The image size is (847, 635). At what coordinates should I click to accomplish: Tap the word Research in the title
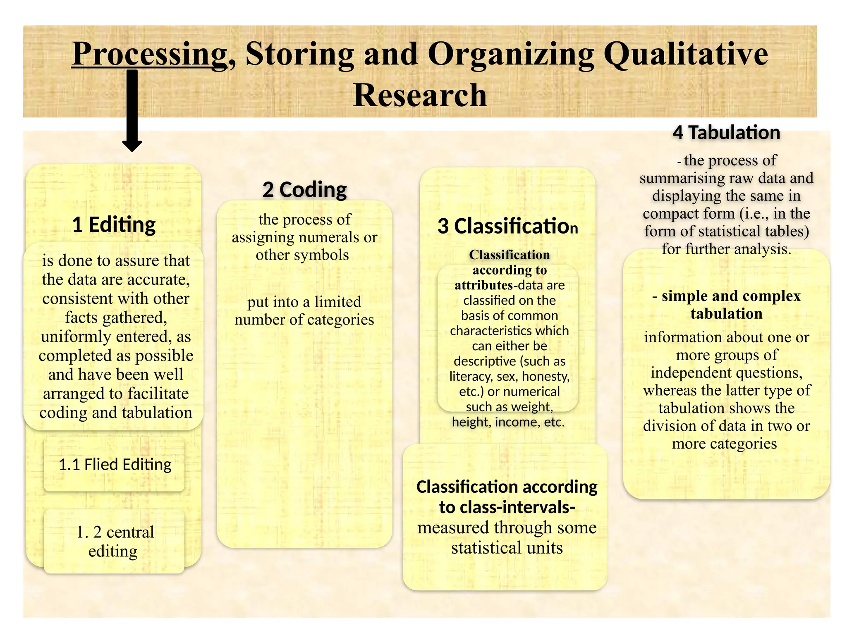pos(420,95)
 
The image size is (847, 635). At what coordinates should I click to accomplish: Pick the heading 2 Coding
pos(305,190)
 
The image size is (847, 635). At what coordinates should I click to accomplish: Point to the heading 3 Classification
pos(507,226)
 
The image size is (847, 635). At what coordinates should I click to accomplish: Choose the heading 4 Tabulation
pos(726,133)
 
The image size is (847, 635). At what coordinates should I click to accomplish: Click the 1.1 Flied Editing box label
pos(115,464)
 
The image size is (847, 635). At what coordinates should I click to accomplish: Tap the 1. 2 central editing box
pos(115,541)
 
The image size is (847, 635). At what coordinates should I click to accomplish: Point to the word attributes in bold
pos(483,285)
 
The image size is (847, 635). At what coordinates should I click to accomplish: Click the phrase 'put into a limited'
pos(304,302)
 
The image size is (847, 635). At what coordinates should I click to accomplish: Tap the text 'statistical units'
pos(507,548)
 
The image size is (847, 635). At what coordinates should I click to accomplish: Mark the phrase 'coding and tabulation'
pos(116,413)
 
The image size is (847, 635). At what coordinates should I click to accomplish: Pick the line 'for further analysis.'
pos(726,249)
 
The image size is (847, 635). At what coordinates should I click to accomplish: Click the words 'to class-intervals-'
pos(507,507)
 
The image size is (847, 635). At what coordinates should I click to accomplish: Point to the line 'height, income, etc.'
pos(508,422)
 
